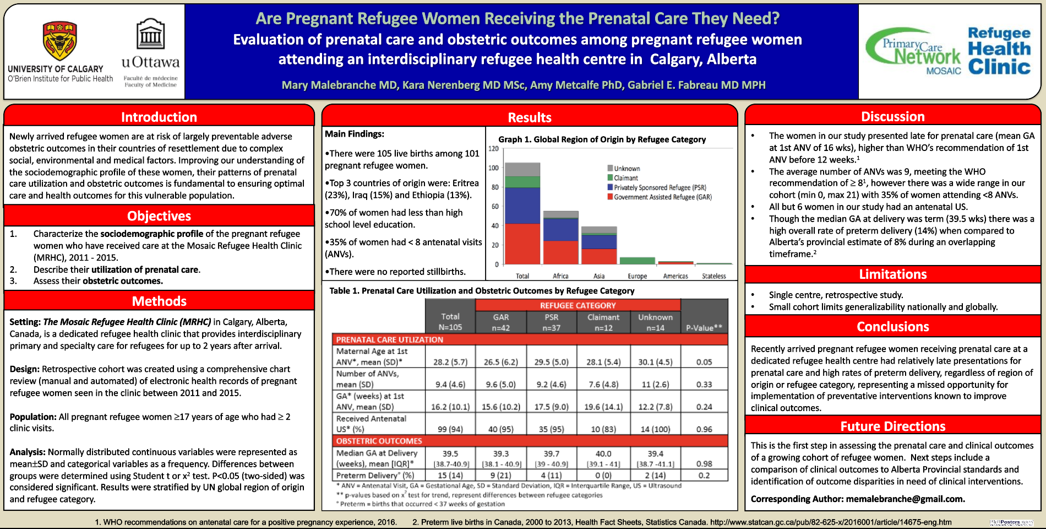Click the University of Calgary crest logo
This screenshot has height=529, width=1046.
[x=60, y=41]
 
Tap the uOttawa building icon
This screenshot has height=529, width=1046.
[x=150, y=34]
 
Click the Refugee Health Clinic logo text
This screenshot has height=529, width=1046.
[x=999, y=51]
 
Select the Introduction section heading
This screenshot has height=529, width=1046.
[x=159, y=117]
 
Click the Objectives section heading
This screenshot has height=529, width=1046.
[x=159, y=216]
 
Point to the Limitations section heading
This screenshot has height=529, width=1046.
[x=892, y=274]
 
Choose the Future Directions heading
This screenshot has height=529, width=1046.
[x=892, y=427]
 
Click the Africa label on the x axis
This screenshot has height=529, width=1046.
[x=560, y=276]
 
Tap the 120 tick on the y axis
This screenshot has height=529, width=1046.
[x=493, y=149]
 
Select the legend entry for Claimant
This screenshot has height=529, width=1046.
[x=625, y=178]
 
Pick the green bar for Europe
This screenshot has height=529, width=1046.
[x=637, y=261]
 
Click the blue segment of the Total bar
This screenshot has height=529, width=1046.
[x=522, y=205]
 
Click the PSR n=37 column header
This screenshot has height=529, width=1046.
[x=551, y=322]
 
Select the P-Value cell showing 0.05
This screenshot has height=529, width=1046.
[x=704, y=362]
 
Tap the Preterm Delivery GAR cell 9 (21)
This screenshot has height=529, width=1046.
[x=500, y=475]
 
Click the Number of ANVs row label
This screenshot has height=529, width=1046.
[x=367, y=379]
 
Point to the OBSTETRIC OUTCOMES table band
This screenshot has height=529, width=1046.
[x=530, y=441]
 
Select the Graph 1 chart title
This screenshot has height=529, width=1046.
[x=602, y=139]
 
